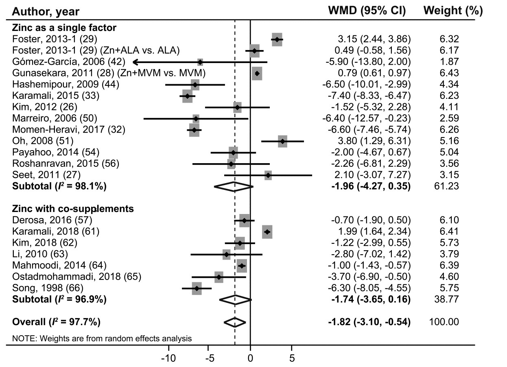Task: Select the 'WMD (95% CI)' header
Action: (367, 11)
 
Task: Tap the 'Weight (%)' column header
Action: (453, 11)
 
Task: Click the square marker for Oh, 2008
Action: (282, 142)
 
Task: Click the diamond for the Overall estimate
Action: (235, 322)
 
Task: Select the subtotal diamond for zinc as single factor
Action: (234, 187)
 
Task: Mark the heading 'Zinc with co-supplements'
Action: (73, 209)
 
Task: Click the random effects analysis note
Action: (102, 338)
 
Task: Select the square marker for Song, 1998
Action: (197, 288)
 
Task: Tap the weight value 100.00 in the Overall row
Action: (444, 322)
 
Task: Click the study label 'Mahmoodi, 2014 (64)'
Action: (59, 265)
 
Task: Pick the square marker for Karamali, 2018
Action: (267, 232)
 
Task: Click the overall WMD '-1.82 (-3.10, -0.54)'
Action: (369, 322)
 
